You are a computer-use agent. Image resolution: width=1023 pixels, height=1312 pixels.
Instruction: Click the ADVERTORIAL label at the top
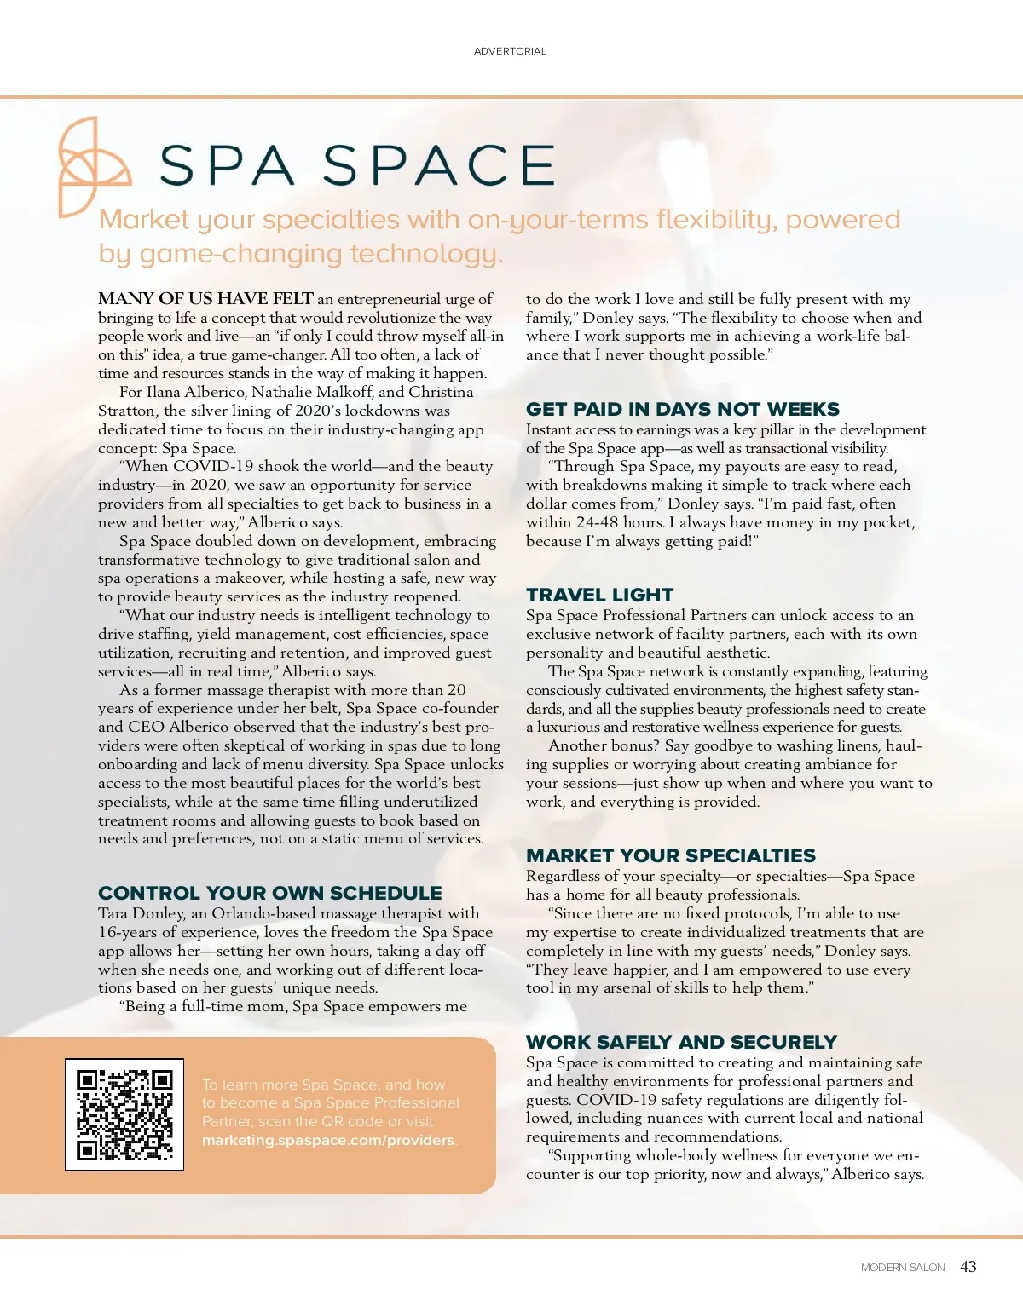[510, 51]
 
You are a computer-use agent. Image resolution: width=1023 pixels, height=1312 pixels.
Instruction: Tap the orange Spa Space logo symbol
[92, 166]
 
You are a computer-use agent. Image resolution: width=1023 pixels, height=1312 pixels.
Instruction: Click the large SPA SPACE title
[357, 165]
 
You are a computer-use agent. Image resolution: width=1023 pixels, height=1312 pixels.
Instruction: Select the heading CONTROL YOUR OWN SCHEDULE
[269, 893]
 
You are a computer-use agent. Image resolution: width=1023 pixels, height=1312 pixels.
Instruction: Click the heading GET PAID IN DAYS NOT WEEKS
[682, 409]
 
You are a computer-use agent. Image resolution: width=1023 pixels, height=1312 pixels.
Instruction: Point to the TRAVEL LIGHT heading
[599, 595]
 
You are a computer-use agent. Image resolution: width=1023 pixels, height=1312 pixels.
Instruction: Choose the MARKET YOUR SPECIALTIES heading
[670, 855]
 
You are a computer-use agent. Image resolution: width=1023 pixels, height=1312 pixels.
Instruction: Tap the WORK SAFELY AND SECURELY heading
[681, 1042]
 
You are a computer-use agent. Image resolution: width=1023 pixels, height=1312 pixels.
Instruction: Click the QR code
[124, 1115]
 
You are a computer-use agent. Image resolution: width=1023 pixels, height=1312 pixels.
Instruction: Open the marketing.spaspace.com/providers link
[328, 1140]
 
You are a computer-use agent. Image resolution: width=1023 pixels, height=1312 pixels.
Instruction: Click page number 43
[968, 1267]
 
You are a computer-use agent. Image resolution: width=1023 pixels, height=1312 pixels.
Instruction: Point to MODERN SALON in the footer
[903, 1268]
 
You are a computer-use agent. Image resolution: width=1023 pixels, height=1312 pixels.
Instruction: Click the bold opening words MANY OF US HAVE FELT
[205, 299]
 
